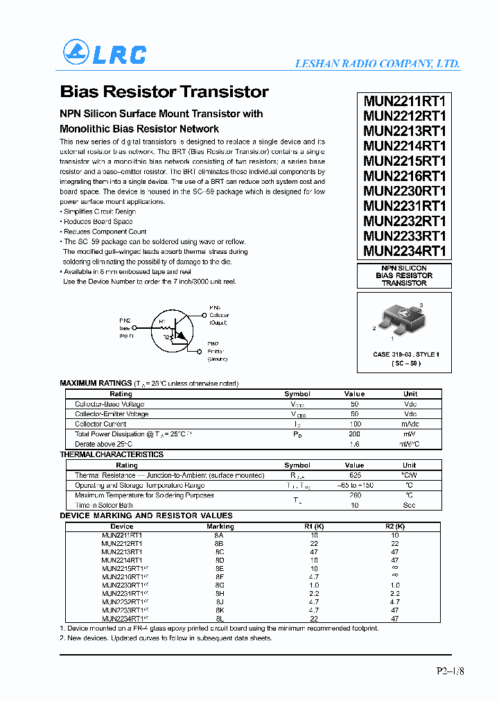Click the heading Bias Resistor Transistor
click(164, 92)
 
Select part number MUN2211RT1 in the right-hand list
click(405, 100)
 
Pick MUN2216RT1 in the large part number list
click(405, 175)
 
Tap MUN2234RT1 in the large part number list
click(405, 251)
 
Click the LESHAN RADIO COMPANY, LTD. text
click(377, 63)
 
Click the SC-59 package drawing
click(404, 320)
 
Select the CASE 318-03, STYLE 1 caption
click(405, 354)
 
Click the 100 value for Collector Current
click(354, 424)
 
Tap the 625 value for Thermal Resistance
click(354, 475)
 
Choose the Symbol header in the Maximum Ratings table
click(297, 394)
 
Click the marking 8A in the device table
click(220, 536)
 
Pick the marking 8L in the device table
click(220, 619)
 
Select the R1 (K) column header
click(315, 526)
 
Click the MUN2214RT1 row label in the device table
click(122, 560)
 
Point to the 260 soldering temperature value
click(354, 495)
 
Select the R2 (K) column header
click(395, 526)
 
